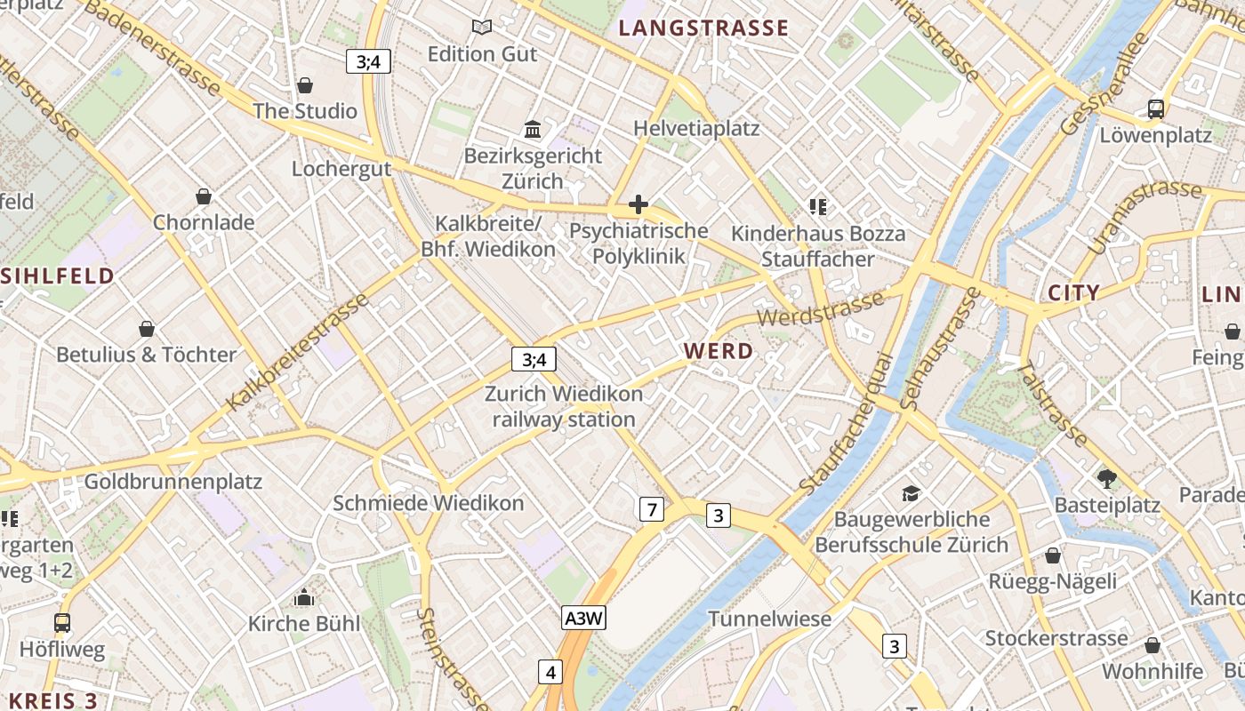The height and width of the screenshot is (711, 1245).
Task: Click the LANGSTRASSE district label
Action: [703, 28]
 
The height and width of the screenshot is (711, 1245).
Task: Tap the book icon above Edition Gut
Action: [482, 28]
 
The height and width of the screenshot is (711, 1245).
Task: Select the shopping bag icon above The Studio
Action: [305, 85]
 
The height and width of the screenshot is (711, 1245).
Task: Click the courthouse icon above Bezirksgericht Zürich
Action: [533, 130]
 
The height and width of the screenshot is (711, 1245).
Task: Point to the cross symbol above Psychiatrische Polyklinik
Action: [638, 205]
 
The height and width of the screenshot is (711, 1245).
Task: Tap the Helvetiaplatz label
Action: [696, 128]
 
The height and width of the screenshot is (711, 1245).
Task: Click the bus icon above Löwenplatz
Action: [1155, 109]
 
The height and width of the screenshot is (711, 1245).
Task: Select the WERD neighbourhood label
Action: [719, 351]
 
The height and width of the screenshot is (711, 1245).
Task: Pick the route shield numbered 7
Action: [652, 509]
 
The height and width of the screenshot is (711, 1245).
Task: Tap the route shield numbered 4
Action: [550, 672]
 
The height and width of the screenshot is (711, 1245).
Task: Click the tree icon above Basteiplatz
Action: [1106, 479]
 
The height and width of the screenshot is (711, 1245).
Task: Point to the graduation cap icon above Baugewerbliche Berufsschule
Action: [911, 493]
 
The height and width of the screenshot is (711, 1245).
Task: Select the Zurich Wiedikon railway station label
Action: [564, 406]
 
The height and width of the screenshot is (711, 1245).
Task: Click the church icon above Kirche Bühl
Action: [304, 598]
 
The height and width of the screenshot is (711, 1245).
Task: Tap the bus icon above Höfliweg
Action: [62, 623]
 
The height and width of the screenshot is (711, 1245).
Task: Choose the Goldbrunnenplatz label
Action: [173, 482]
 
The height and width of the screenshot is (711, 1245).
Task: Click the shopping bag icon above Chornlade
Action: [204, 196]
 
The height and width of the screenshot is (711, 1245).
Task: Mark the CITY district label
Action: [1073, 292]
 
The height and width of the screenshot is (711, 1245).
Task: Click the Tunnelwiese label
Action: [769, 619]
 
